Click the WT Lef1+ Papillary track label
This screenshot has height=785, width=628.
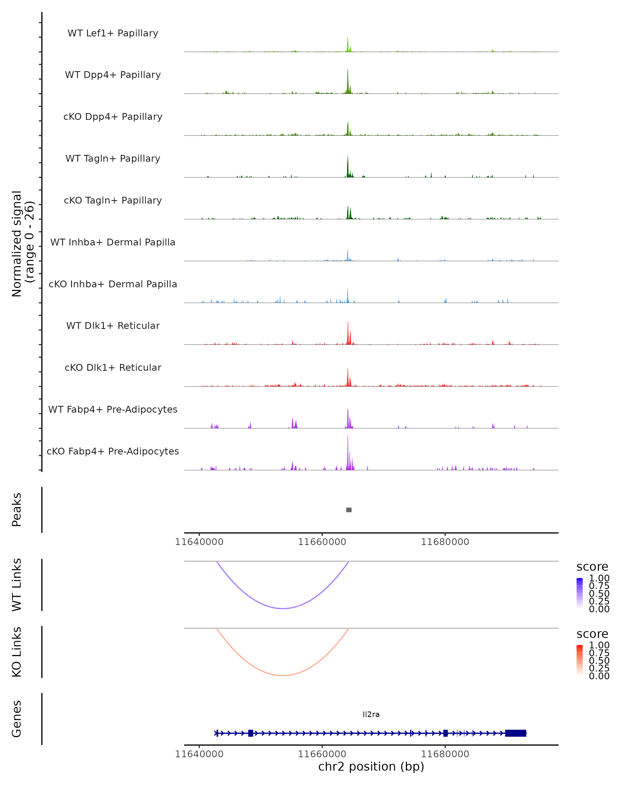(113, 33)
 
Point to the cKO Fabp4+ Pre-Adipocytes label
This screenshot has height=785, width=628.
(113, 451)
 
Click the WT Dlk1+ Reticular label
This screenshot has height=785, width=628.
(113, 326)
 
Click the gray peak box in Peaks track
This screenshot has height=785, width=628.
(349, 510)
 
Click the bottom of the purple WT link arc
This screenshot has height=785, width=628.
(283, 608)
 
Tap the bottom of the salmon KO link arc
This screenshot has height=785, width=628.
(283, 675)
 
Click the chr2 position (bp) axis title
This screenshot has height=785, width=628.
(371, 767)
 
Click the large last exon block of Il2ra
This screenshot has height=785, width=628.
(515, 733)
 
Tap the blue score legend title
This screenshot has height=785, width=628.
(592, 567)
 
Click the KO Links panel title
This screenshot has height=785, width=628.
(17, 652)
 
